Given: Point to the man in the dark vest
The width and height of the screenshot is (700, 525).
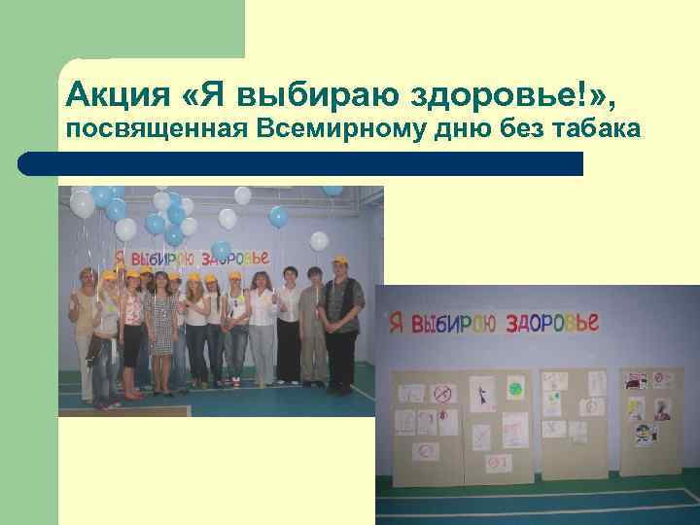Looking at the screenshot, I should (x=340, y=321).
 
